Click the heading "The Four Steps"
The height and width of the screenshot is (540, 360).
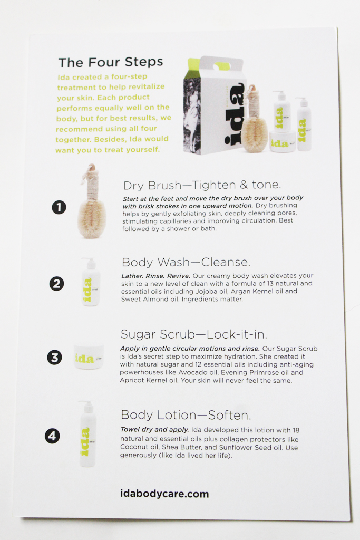pos(111,62)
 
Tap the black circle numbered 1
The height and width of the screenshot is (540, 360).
pos(59,207)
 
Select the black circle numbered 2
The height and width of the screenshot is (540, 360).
pos(56,284)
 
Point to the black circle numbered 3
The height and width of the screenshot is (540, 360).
pos(54,358)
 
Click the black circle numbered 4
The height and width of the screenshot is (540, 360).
pos(52,436)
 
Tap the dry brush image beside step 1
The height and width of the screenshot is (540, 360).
pos(91,201)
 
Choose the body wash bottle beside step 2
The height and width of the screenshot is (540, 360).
pos(90,282)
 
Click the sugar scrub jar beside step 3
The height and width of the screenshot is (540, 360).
pos(89,357)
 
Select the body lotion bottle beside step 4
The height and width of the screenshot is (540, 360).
pos(87,434)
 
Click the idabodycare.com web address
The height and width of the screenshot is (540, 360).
pos(164,494)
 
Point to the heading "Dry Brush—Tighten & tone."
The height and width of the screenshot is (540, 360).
pos(202,185)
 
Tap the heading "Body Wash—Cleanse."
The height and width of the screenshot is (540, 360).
pos(186,263)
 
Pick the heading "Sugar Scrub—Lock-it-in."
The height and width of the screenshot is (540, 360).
pos(194,334)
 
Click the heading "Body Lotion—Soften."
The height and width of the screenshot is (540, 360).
pos(186,415)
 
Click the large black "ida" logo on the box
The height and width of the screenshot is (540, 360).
pos(235,114)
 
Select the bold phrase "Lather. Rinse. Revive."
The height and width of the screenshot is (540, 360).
pos(155,276)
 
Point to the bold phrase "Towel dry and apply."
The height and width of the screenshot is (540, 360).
pos(154,430)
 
